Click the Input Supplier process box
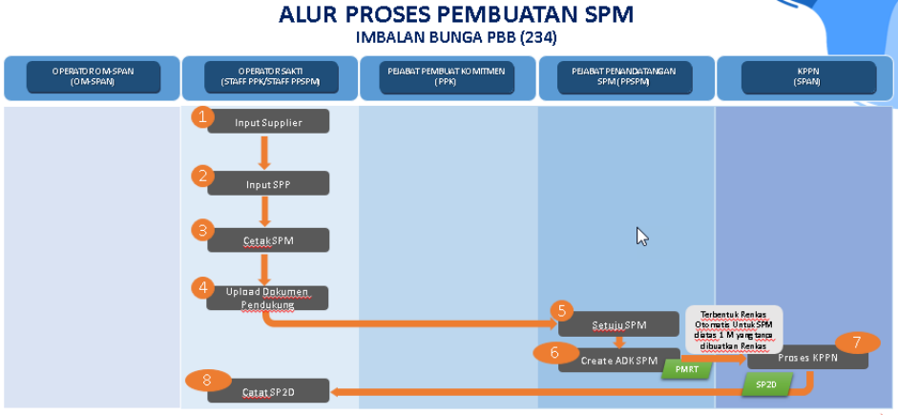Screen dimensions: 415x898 (x=268, y=122)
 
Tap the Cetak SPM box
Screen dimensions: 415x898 (x=268, y=240)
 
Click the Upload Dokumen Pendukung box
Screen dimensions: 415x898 (x=268, y=298)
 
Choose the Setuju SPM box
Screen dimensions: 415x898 (x=619, y=324)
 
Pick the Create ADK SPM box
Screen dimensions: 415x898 (x=619, y=360)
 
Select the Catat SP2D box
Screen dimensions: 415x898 (x=268, y=390)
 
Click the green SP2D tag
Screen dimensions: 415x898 (x=765, y=384)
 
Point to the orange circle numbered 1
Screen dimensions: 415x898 (x=201, y=116)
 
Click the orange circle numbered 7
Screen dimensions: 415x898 (x=856, y=342)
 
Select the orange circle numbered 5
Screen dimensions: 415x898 (x=562, y=310)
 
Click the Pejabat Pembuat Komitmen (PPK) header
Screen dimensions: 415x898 (x=448, y=77)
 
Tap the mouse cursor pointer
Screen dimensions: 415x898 (x=642, y=236)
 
